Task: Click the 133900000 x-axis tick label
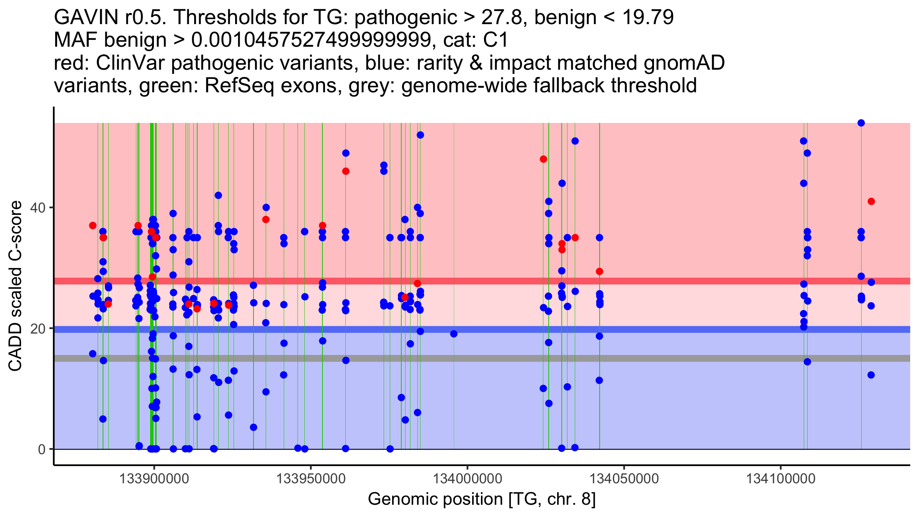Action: coord(154,479)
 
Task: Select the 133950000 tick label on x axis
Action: coord(311,479)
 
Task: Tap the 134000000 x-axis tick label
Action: coord(467,479)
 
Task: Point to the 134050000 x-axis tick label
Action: coord(624,479)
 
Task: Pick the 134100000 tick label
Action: coord(781,479)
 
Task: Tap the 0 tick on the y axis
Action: coord(42,449)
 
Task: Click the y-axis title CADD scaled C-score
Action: coord(15,286)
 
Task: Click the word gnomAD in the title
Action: coord(684,63)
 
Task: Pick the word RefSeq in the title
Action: coord(239,85)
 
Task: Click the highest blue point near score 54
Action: coord(861,123)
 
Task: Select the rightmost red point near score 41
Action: coord(871,201)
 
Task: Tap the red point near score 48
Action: coord(543,159)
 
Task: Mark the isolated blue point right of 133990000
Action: coord(454,334)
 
